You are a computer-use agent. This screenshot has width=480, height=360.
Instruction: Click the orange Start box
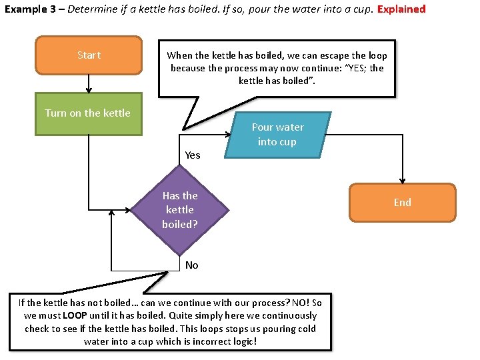point(89,55)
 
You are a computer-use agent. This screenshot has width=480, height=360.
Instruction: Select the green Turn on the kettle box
point(88,113)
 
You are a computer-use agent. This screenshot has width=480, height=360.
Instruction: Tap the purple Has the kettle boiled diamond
point(180,209)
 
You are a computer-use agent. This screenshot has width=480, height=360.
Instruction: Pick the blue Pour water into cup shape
point(277,134)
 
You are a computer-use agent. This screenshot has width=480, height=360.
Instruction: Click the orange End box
point(402,202)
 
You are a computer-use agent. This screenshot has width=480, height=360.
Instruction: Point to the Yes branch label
point(192,155)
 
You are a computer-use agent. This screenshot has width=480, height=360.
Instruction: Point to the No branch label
point(191,265)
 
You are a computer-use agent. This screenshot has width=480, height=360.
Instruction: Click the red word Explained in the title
point(401,9)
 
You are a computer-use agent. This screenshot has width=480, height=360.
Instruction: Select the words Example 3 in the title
point(27,9)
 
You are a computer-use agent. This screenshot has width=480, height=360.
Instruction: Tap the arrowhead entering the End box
point(402,180)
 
